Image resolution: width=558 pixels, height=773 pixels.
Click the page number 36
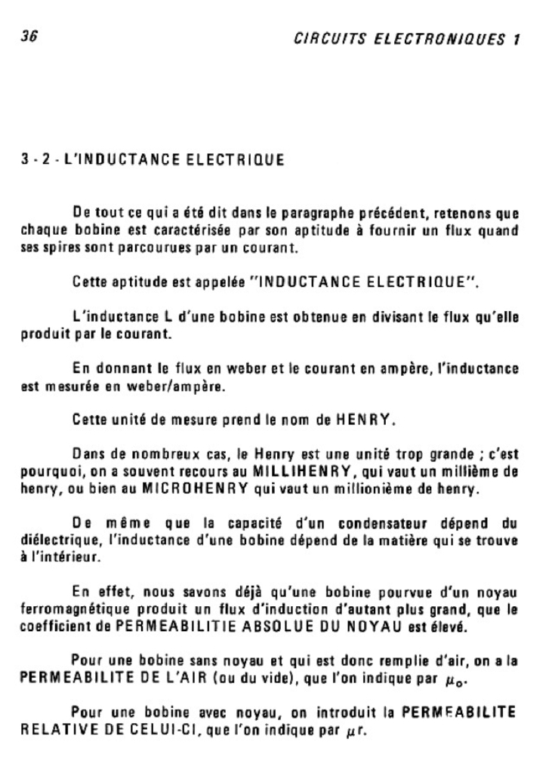click(x=29, y=36)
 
